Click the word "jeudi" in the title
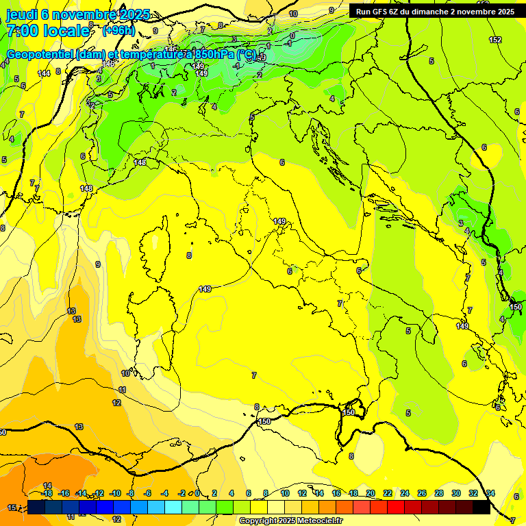(22, 14)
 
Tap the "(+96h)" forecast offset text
(118, 31)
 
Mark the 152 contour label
(495, 40)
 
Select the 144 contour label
(44, 73)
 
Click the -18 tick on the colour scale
(47, 493)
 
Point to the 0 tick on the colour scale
(197, 493)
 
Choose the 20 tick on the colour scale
(371, 493)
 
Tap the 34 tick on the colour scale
(490, 493)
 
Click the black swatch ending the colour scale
(481, 507)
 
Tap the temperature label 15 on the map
(12, 508)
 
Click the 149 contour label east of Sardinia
(205, 289)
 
